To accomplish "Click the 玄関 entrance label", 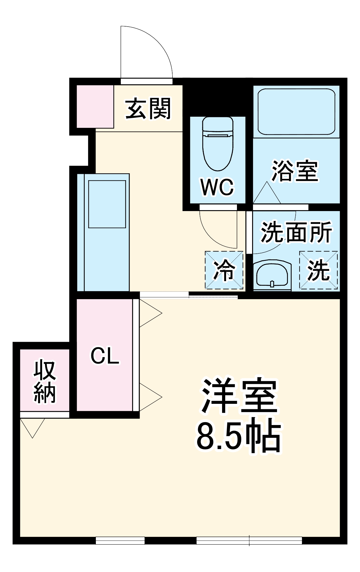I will pos(148,109).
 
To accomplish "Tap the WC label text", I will pos(217,187).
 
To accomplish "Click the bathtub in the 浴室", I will pos(296,112).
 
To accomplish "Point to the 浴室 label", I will pos(295,171).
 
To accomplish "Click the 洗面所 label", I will pos(296,232).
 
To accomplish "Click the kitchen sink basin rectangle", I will pos(107,204).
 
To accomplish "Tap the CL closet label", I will pos(105,356).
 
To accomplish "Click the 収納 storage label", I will pos(45,382).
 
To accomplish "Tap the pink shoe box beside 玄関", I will pos(95,106).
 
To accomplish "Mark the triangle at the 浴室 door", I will pos(267,194).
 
